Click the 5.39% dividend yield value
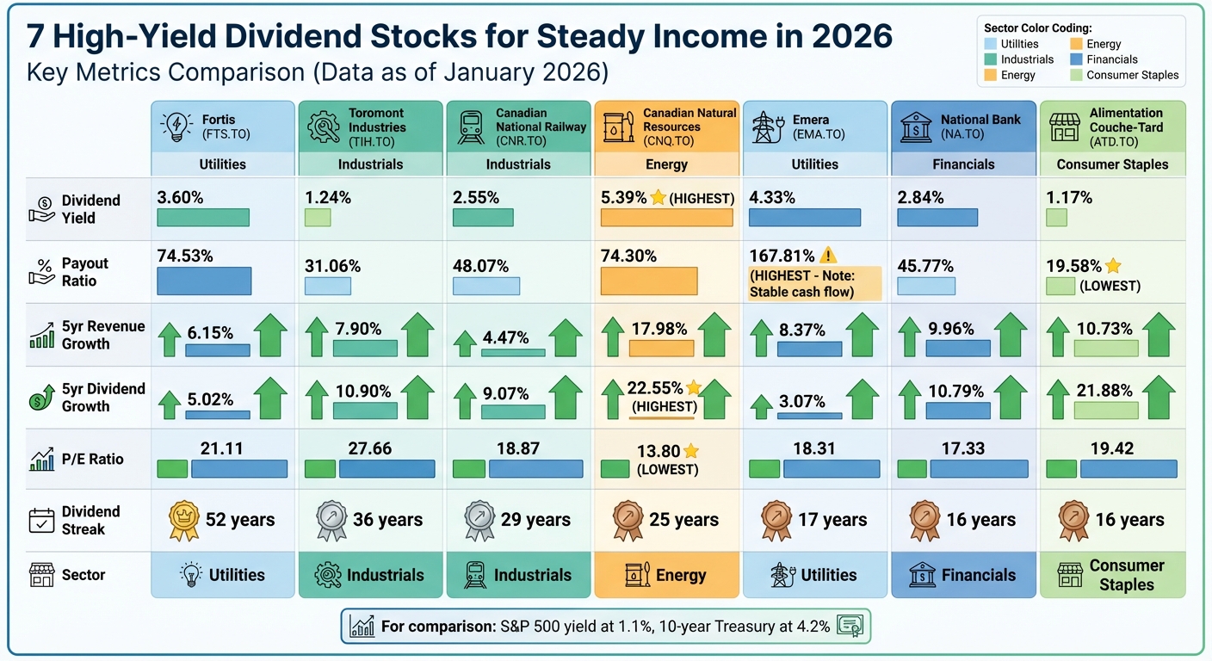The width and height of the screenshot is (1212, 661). [624, 198]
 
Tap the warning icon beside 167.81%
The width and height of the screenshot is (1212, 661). [828, 256]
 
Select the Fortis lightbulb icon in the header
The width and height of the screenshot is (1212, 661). [176, 126]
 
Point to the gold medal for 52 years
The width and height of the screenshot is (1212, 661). [184, 520]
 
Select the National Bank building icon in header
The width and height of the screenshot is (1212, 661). [916, 127]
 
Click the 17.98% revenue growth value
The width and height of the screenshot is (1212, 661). [659, 329]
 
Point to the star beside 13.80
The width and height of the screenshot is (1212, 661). [690, 450]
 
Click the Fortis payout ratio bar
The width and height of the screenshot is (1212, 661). [204, 281]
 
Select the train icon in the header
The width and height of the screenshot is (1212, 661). [472, 127]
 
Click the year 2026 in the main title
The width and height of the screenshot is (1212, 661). [840, 36]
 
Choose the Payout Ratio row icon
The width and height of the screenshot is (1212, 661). [41, 272]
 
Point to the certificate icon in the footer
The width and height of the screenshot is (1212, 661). [850, 626]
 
